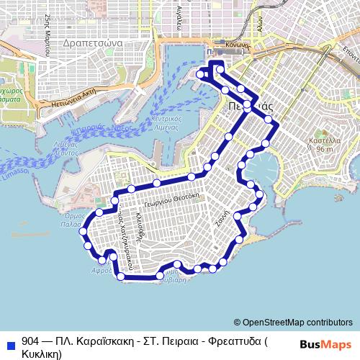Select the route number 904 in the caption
(31, 341)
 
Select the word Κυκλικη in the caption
(42, 354)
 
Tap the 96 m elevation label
(324, 149)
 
